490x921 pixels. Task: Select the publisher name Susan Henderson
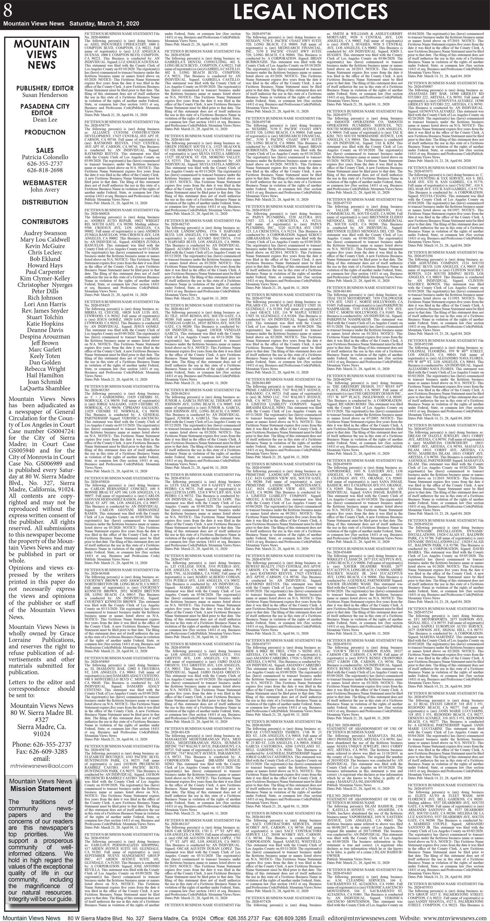[x=45, y=95]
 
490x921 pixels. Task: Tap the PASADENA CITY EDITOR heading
[x=45, y=109]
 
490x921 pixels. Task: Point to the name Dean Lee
[x=45, y=119]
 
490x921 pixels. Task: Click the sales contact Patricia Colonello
[x=45, y=157]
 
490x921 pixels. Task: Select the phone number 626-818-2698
[x=45, y=170]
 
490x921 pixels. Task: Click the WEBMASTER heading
[x=45, y=183]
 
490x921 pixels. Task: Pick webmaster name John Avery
[x=45, y=190]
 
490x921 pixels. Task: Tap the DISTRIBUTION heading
[x=45, y=202]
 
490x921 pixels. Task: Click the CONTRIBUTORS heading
[x=45, y=222]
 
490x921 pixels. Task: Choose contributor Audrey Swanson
[x=45, y=233]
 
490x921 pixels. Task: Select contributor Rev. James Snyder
[x=45, y=311]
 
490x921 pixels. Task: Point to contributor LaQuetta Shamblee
[x=45, y=388]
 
